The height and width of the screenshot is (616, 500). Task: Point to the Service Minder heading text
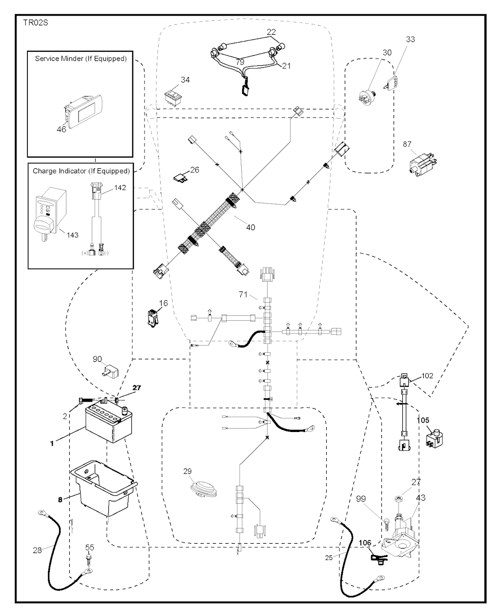(x=81, y=59)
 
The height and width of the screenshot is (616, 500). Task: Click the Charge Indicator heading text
(x=81, y=171)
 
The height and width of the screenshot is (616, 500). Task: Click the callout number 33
(x=410, y=40)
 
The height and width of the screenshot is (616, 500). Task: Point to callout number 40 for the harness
(x=250, y=227)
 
